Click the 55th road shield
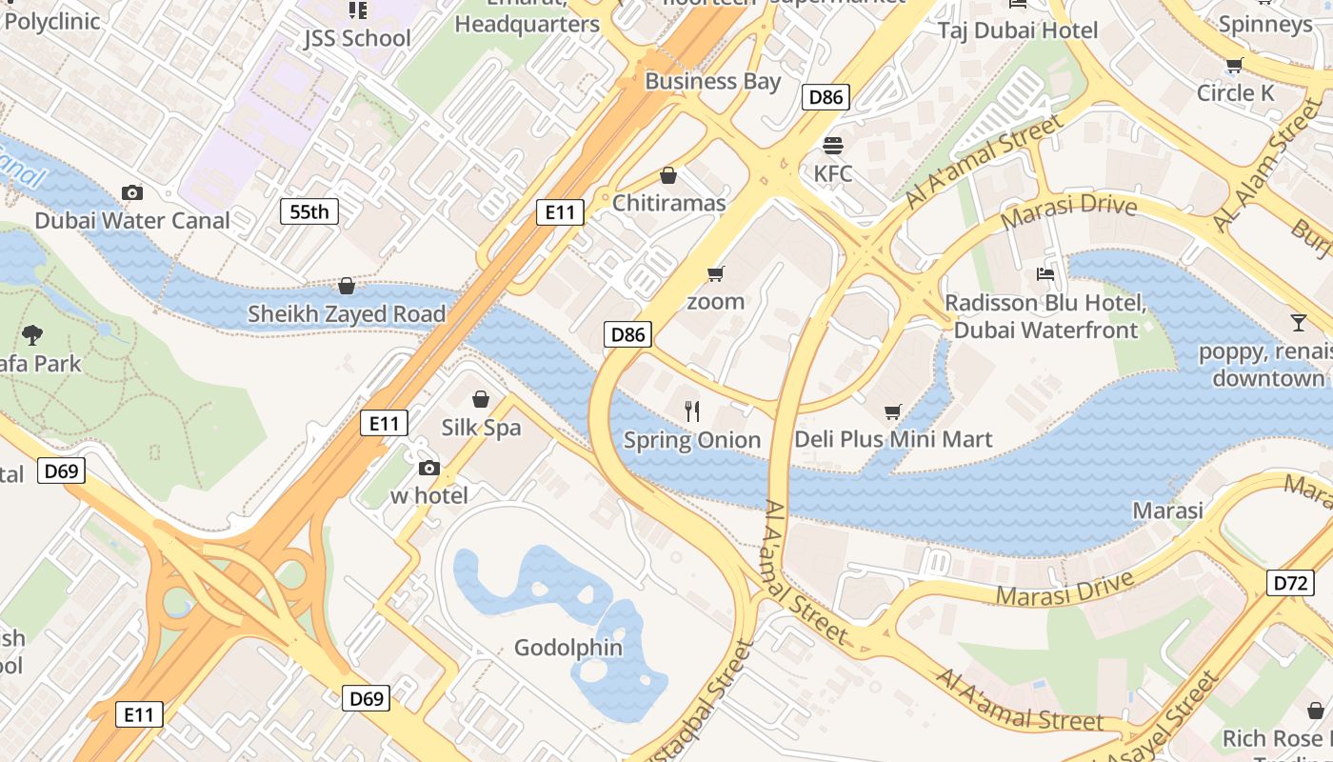pyautogui.click(x=309, y=211)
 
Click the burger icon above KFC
pyautogui.click(x=833, y=146)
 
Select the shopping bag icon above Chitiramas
pyautogui.click(x=668, y=175)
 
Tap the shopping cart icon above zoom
pyautogui.click(x=716, y=274)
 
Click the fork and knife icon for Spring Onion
pyautogui.click(x=692, y=411)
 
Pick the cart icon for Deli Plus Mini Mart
pyautogui.click(x=892, y=411)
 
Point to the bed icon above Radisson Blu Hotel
pyautogui.click(x=1045, y=275)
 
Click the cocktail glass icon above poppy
pyautogui.click(x=1299, y=323)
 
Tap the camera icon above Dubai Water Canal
pyautogui.click(x=132, y=192)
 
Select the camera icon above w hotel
pyautogui.click(x=429, y=468)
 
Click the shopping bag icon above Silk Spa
pyautogui.click(x=481, y=399)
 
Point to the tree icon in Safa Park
pyautogui.click(x=32, y=334)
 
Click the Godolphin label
pyautogui.click(x=568, y=648)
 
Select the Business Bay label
pyautogui.click(x=712, y=82)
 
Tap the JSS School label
pyautogui.click(x=357, y=38)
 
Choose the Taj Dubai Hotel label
pyautogui.click(x=1018, y=30)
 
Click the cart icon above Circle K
pyautogui.click(x=1235, y=66)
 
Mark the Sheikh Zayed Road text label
pyautogui.click(x=347, y=314)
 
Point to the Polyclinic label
pyautogui.click(x=52, y=21)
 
